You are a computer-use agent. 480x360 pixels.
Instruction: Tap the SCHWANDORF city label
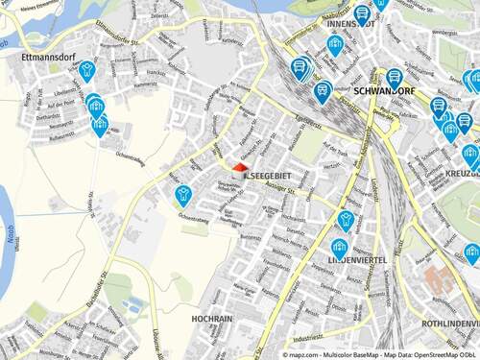click(x=382, y=93)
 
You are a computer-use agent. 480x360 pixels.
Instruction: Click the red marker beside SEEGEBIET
click(x=239, y=167)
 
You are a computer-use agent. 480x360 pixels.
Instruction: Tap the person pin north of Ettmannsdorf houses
click(x=87, y=69)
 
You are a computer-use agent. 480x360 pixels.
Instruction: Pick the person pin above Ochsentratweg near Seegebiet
click(x=181, y=195)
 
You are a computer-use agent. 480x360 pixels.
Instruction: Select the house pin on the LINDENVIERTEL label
click(x=339, y=248)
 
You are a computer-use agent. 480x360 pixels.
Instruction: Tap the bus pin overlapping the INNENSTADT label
click(x=335, y=44)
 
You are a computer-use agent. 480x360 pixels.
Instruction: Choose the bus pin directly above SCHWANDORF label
click(x=393, y=79)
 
